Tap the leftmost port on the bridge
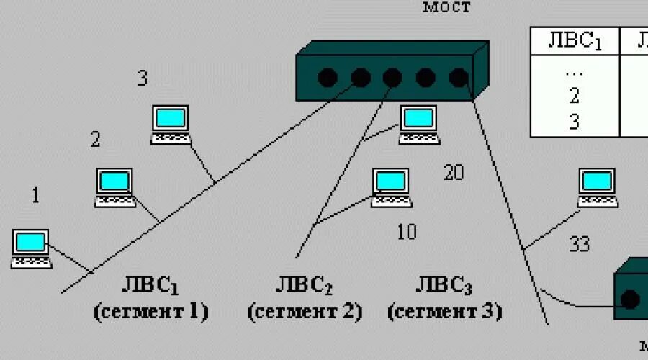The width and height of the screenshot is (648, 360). pyautogui.click(x=328, y=77)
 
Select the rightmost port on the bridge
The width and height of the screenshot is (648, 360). pyautogui.click(x=458, y=77)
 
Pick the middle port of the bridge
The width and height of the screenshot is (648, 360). pyautogui.click(x=392, y=77)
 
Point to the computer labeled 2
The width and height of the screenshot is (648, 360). pyautogui.click(x=115, y=184)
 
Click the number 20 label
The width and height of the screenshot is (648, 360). pyautogui.click(x=454, y=173)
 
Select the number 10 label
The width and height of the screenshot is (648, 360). pyautogui.click(x=407, y=232)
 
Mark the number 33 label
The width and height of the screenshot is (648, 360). pyautogui.click(x=580, y=245)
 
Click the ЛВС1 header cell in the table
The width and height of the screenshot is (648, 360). pyautogui.click(x=575, y=41)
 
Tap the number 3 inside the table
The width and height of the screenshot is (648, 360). pyautogui.click(x=574, y=122)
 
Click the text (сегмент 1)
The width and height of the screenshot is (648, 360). pyautogui.click(x=151, y=312)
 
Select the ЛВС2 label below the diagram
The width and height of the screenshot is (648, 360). pyautogui.click(x=304, y=286)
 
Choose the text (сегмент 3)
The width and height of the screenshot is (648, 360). pyautogui.click(x=445, y=312)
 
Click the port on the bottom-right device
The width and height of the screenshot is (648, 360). pyautogui.click(x=631, y=298)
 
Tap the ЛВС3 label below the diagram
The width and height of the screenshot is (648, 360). pyautogui.click(x=444, y=286)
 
